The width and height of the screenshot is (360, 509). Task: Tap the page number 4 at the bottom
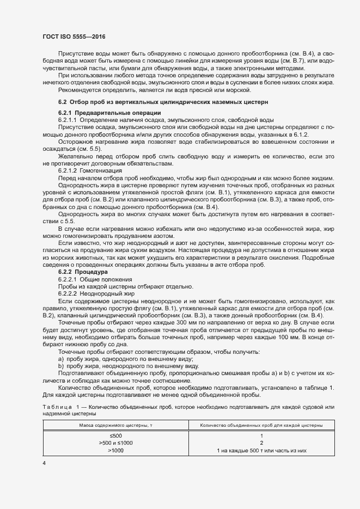pos(44,463)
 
